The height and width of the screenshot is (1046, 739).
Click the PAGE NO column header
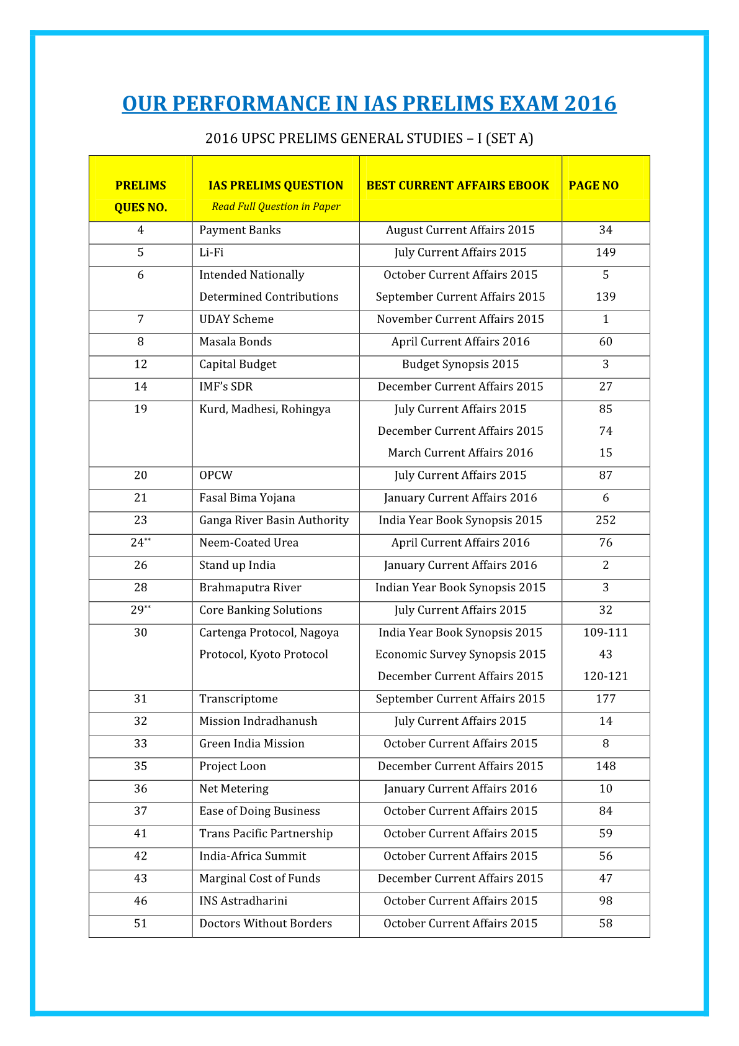593,186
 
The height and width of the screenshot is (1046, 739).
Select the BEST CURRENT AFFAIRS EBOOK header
457,186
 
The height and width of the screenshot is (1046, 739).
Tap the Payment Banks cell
240,230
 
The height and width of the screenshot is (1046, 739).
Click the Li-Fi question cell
211,253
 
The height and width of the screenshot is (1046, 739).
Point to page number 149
606,253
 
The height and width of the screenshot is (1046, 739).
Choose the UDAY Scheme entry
236,319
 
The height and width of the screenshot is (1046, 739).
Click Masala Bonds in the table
235,342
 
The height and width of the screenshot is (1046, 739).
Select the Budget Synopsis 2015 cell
460,365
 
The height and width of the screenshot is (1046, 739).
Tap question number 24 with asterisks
140,543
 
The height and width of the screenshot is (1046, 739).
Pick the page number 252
606,521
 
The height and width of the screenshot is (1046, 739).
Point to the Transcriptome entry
238,699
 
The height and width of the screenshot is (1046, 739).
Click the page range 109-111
606,633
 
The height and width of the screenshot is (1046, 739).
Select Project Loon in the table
232,766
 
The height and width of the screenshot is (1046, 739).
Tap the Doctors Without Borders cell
265,924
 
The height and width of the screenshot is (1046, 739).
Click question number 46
140,901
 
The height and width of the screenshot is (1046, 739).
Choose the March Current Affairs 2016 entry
460,453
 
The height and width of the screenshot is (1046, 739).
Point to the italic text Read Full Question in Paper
275,207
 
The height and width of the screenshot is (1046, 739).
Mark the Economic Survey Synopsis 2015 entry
460,655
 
